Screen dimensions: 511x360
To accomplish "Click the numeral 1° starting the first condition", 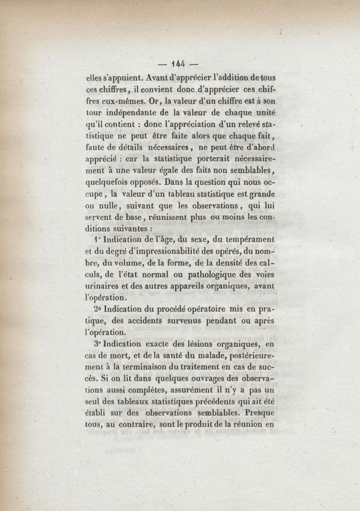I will click(97, 240).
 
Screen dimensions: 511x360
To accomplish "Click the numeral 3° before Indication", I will click(98, 345).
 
